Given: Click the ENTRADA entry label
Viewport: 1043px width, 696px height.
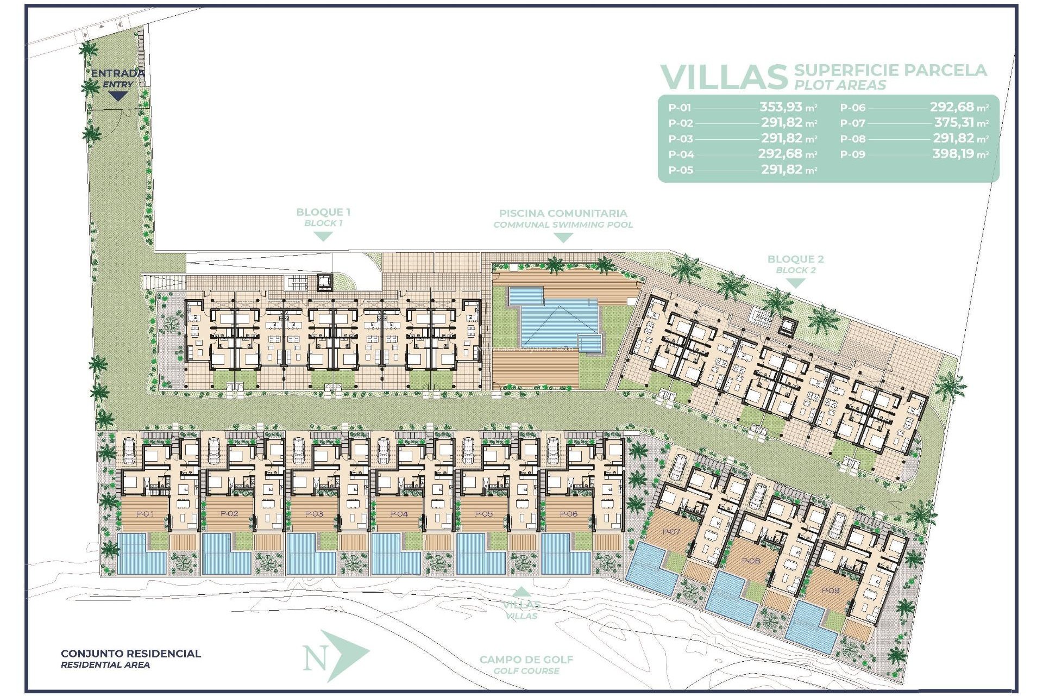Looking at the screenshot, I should [117, 73].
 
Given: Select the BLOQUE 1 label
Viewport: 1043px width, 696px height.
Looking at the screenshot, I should [323, 213].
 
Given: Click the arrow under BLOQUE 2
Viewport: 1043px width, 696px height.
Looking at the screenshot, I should [795, 283].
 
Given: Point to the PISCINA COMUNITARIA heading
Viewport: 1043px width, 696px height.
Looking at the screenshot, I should [563, 214].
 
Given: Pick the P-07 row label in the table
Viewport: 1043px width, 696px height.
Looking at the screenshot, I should [852, 123].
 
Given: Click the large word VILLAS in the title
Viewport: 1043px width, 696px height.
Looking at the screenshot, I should [724, 77].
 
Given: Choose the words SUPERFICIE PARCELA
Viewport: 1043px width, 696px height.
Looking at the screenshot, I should [890, 70].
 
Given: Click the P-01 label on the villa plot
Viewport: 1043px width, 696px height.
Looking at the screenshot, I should [144, 514].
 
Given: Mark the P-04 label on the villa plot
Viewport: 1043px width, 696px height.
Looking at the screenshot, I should [399, 514].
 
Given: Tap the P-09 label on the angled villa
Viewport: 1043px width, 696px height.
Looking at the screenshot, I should [830, 591].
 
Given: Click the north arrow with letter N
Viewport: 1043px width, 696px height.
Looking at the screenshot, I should [332, 657].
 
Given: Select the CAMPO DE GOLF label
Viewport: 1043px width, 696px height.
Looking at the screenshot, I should [526, 660].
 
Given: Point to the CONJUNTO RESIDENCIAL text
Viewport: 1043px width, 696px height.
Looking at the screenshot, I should [131, 654].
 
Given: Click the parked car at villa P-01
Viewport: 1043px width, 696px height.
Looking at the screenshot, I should [129, 451].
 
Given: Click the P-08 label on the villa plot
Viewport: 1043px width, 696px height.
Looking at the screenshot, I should [751, 561].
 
